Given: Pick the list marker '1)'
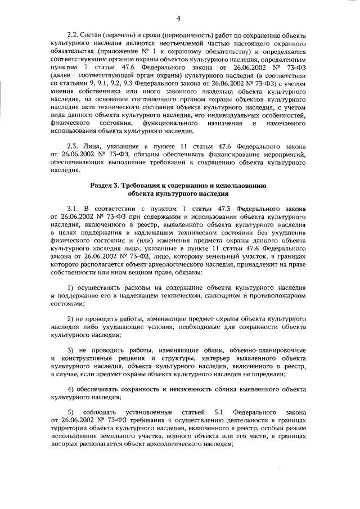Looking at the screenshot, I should click(x=70, y=287).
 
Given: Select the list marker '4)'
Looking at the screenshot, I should click(x=70, y=389).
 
